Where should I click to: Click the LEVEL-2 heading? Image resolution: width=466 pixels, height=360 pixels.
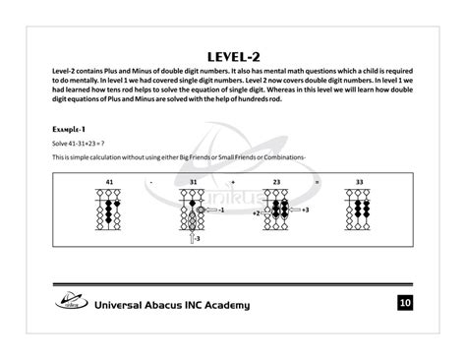pyautogui.click(x=233, y=56)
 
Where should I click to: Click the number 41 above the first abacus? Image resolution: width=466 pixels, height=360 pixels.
pyautogui.click(x=109, y=182)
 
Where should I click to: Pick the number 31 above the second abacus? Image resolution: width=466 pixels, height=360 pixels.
pyautogui.click(x=193, y=182)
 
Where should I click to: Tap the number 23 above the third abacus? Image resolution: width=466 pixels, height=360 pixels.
pyautogui.click(x=276, y=182)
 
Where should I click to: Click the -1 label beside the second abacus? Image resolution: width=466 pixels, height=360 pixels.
pyautogui.click(x=221, y=210)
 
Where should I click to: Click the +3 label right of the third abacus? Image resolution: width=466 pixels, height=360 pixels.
pyautogui.click(x=305, y=210)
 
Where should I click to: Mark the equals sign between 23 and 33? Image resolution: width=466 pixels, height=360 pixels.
pyautogui.click(x=317, y=182)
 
